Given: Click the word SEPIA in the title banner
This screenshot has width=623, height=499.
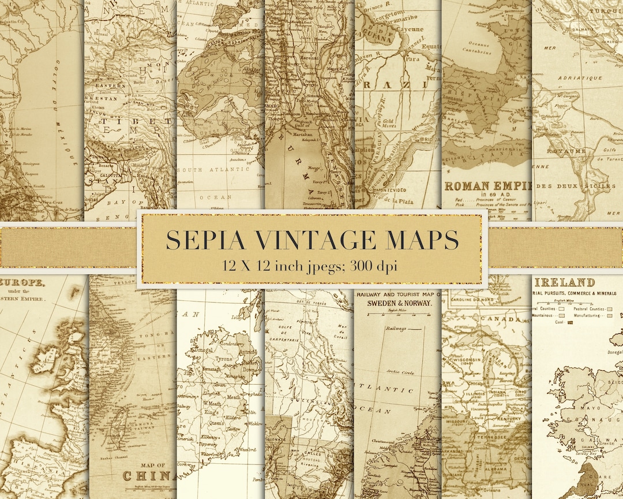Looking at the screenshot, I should click(202, 240).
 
